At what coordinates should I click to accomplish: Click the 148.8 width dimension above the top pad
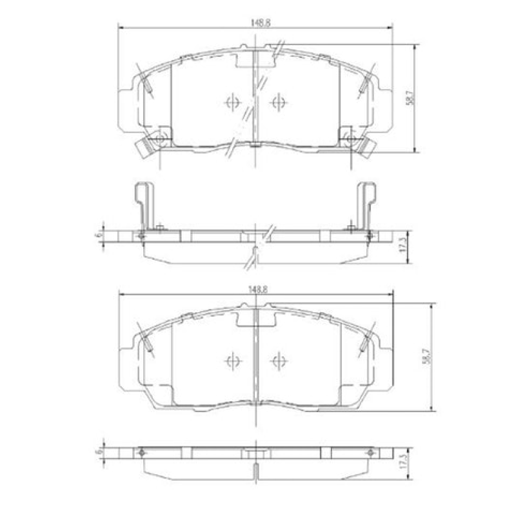tap(256, 22)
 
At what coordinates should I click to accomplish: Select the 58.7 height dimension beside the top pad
tap(408, 97)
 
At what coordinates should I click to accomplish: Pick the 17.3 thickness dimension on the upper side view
tap(402, 245)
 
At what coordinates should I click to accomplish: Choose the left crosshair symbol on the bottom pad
tap(232, 361)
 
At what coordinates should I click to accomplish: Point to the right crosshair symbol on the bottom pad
tap(278, 361)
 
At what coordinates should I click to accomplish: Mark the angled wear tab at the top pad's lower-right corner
tap(366, 148)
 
